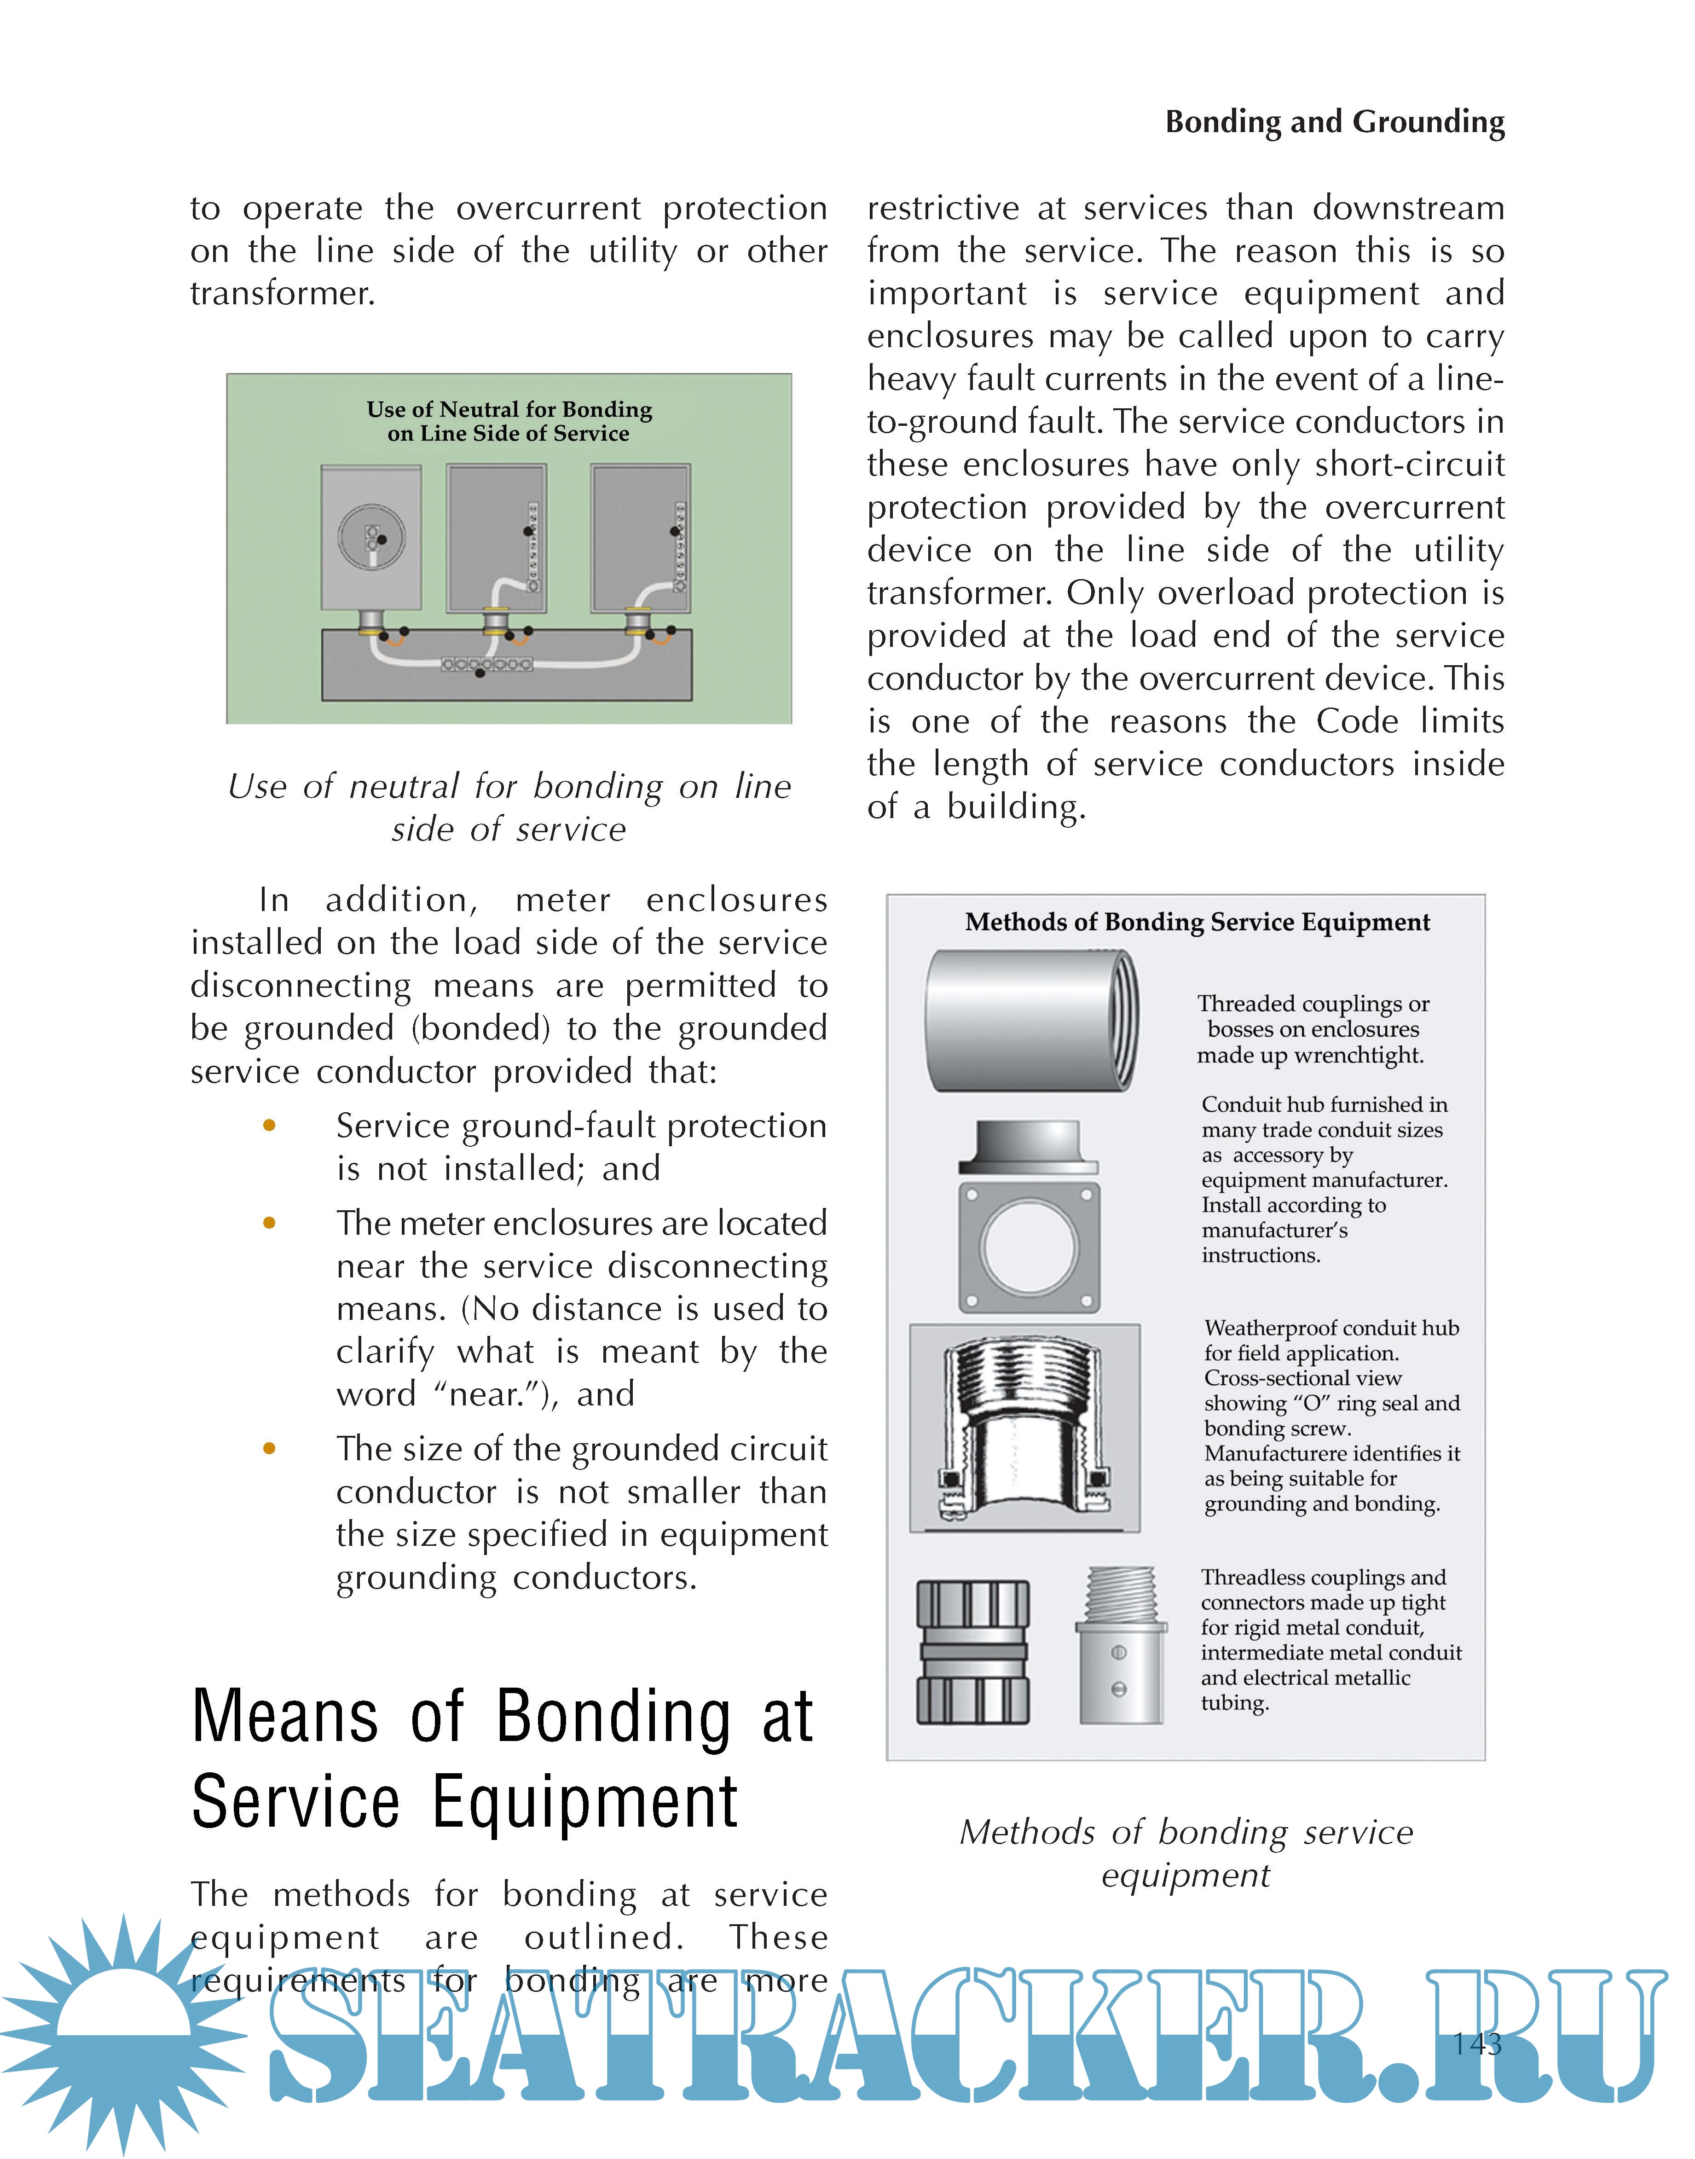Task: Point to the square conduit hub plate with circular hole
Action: tap(1029, 1246)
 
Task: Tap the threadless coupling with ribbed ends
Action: tap(972, 1653)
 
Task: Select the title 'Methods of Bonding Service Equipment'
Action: tap(1197, 922)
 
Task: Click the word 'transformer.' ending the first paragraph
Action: tap(283, 294)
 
